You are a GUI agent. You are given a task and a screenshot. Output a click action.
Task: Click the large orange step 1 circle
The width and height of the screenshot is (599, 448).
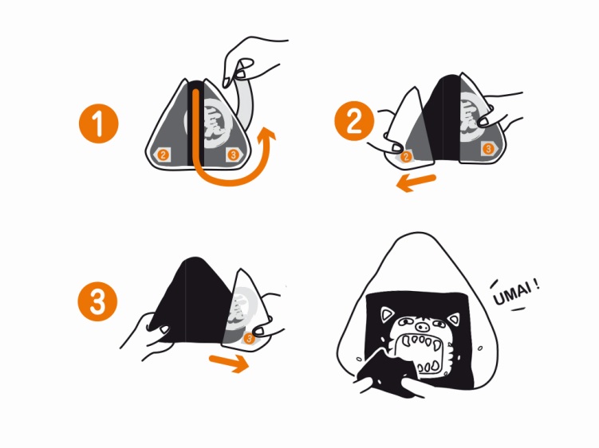(99, 124)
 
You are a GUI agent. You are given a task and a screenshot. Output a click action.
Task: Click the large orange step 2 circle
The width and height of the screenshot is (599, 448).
(354, 121)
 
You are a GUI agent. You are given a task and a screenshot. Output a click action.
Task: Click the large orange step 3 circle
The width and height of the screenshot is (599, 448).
(98, 301)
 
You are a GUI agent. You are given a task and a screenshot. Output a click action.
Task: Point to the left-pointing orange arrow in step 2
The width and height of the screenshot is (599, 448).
(416, 183)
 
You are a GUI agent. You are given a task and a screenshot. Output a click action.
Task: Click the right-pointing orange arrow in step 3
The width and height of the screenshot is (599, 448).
(229, 363)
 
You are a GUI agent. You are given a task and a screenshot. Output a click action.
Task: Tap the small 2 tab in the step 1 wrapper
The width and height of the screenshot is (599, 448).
(164, 155)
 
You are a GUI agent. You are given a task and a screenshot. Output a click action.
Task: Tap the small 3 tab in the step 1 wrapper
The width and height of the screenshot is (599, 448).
(233, 155)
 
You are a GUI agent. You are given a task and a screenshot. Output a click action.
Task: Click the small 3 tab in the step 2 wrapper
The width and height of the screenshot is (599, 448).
(488, 148)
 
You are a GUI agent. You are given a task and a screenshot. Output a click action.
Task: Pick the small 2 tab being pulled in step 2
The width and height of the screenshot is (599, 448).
(406, 155)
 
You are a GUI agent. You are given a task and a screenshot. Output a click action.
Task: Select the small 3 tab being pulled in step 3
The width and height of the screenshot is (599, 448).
(250, 338)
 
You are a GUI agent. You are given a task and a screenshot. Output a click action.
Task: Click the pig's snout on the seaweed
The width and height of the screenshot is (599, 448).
(421, 327)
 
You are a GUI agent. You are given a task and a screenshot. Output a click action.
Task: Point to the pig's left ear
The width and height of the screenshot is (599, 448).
(389, 315)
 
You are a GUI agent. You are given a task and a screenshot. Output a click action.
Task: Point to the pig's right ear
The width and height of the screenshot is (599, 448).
(453, 319)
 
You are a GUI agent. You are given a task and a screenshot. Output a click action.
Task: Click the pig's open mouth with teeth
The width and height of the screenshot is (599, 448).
(421, 353)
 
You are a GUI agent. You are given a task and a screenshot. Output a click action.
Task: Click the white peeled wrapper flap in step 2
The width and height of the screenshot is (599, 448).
(405, 128)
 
